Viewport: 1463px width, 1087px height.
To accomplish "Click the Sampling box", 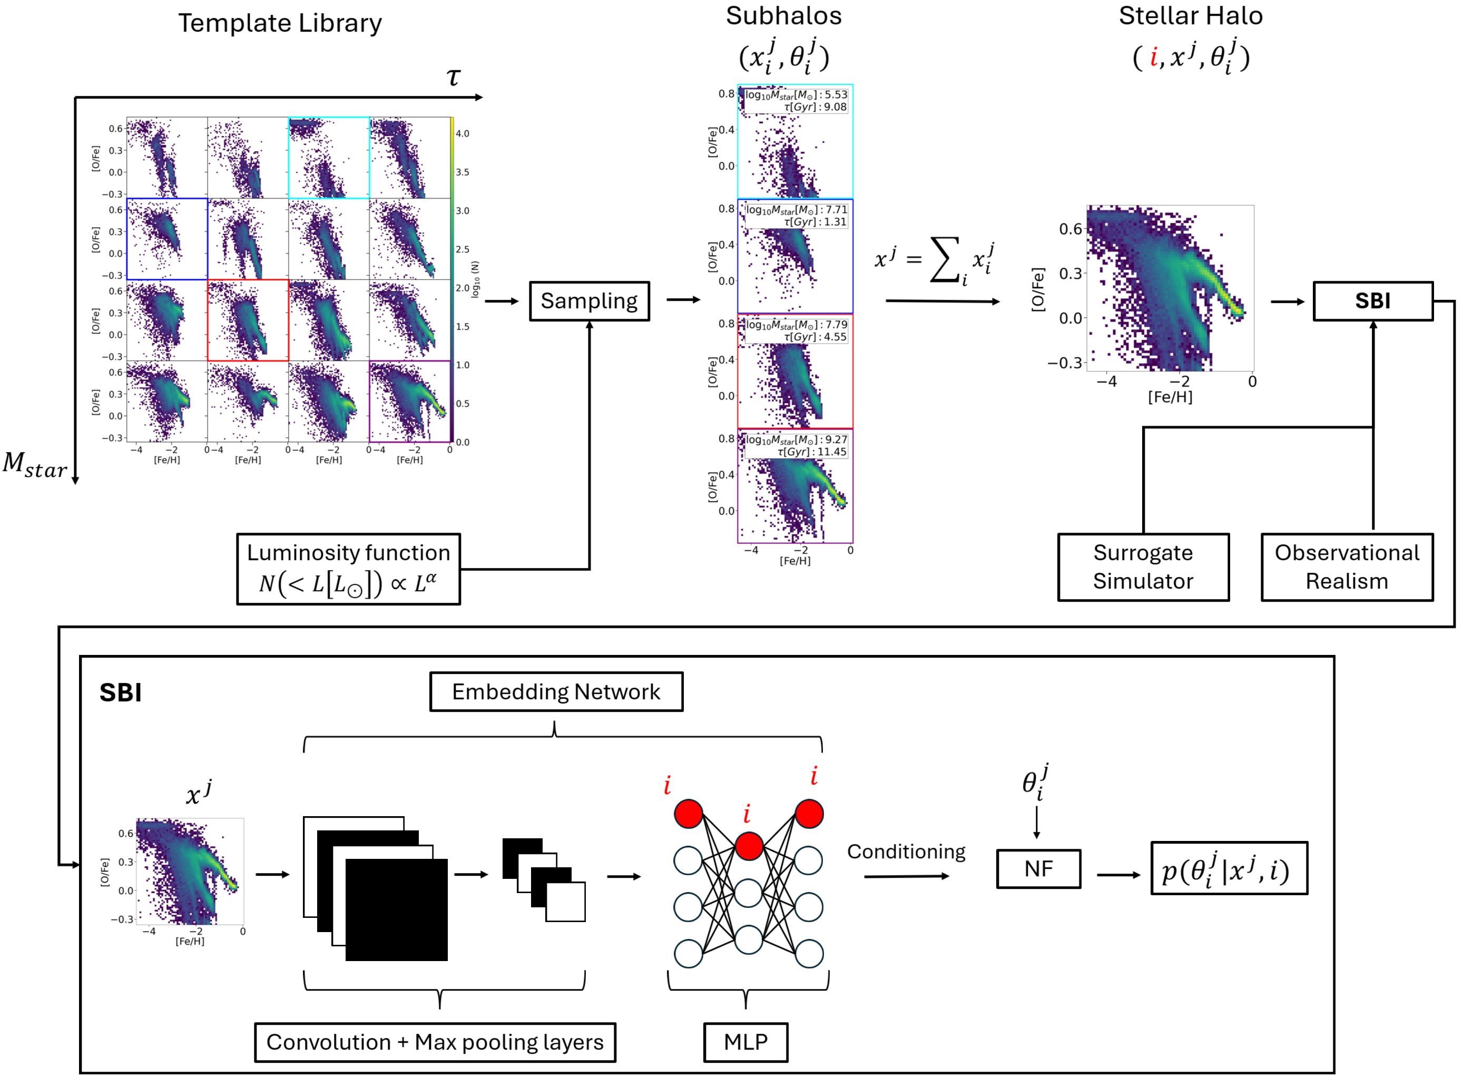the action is pos(590,301).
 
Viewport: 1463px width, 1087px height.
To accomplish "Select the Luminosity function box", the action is pos(349,569).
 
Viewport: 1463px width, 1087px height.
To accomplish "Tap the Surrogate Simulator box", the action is pos(1143,567).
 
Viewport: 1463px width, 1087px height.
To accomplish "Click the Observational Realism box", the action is pos(1347,567).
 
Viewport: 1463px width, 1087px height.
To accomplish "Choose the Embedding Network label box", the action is pos(556,691).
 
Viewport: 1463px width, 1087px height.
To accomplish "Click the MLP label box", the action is pos(746,1042).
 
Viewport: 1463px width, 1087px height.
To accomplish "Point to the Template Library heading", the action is pos(280,23).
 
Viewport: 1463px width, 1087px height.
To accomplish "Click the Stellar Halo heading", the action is pos(1191,16).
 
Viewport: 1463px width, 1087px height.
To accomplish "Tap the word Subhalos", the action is pos(783,16).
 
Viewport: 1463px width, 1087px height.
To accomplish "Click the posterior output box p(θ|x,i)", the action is pos(1229,868).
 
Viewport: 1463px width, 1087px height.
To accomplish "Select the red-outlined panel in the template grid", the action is pos(248,320).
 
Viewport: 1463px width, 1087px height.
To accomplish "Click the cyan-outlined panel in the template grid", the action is pos(329,158).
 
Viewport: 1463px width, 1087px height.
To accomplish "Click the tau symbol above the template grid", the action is pos(453,77).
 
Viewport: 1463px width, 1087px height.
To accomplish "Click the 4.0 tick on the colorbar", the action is pos(463,134).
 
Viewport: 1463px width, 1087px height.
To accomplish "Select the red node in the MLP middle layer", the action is pos(749,846).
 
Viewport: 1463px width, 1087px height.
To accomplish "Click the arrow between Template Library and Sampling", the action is pos(502,301).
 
